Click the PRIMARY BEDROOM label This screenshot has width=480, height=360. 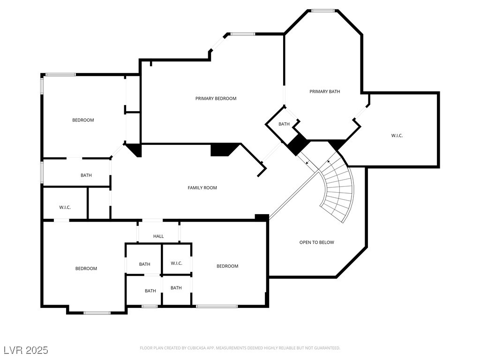coord(216,98)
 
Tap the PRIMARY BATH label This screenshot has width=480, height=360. coord(324,91)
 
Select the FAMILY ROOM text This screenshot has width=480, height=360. coord(202,188)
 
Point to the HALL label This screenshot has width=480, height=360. coord(158,236)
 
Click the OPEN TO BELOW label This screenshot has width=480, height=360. coord(316,242)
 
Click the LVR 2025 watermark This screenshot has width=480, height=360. coord(26,350)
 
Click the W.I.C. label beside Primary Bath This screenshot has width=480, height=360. coord(397,135)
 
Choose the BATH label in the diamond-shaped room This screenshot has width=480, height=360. coord(284,124)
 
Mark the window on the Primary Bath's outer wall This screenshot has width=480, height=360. coord(323,10)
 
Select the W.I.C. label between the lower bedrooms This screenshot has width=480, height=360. coord(176,263)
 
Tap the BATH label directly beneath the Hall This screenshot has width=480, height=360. coord(144,264)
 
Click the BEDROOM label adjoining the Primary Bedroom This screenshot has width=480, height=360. coord(83,120)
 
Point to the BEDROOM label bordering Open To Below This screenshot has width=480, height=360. coord(227,266)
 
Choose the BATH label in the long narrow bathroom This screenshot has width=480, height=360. coord(86,175)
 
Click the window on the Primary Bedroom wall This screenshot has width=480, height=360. coord(242,34)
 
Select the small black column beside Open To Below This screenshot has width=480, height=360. coord(262,217)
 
